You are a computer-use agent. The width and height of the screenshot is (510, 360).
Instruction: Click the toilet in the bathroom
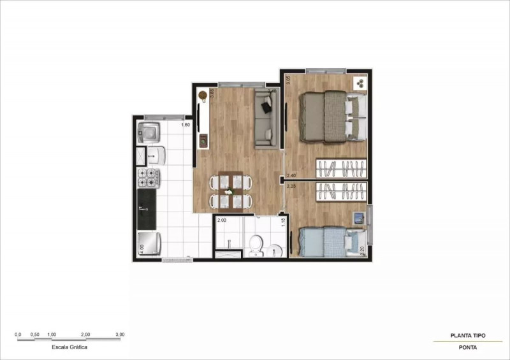(x=256, y=243)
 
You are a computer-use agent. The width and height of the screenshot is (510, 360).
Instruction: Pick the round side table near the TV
(x=203, y=96)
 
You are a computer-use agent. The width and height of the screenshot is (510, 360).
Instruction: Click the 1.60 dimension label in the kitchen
(x=186, y=125)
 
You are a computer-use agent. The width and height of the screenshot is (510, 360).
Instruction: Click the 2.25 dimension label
(x=291, y=187)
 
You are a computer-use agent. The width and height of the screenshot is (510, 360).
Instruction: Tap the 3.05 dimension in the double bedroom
(x=288, y=80)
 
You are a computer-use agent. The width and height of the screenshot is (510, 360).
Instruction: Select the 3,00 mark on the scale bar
(x=119, y=334)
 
